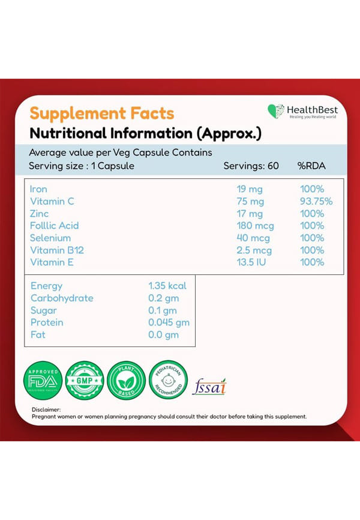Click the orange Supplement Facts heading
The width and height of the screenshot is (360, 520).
pyautogui.click(x=102, y=113)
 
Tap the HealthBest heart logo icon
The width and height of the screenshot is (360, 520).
pyautogui.click(x=276, y=111)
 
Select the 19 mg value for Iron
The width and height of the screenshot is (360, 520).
pyautogui.click(x=250, y=189)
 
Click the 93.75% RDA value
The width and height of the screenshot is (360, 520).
pyautogui.click(x=316, y=201)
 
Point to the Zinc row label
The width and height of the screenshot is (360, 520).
pyautogui.click(x=40, y=214)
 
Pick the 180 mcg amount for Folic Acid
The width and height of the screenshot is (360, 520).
pyautogui.click(x=255, y=226)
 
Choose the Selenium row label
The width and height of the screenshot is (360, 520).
pyautogui.click(x=50, y=238)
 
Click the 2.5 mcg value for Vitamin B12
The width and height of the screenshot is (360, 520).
pyautogui.click(x=254, y=250)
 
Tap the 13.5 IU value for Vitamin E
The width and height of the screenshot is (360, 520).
pyautogui.click(x=252, y=262)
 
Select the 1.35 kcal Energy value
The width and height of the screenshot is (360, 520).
pyautogui.click(x=167, y=286)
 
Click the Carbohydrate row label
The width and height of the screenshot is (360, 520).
pyautogui.click(x=62, y=298)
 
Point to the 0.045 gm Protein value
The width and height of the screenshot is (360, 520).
pyautogui.click(x=169, y=322)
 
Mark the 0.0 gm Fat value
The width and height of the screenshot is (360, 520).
pyautogui.click(x=163, y=334)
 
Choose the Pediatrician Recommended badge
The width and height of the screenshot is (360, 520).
pyautogui.click(x=168, y=379)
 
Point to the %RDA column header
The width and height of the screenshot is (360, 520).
pyautogui.click(x=311, y=166)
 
